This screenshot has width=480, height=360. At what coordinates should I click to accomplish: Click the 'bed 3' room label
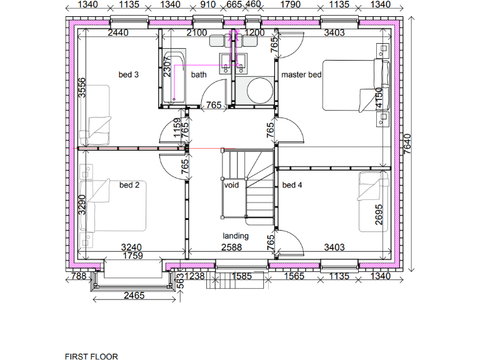coord(128,75)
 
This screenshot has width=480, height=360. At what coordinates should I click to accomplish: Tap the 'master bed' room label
coord(301,75)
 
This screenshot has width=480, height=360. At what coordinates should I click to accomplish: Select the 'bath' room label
coord(199,75)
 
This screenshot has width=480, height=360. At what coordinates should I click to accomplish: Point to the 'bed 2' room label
coord(129,185)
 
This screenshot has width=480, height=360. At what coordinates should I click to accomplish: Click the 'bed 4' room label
coord(292,185)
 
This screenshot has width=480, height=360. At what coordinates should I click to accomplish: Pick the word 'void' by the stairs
coord(232,185)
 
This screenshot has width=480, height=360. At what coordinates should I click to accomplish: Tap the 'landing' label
coord(236,236)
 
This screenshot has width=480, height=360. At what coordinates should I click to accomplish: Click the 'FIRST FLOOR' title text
coord(91,356)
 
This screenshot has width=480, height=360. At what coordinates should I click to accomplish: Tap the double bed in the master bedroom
coord(350,86)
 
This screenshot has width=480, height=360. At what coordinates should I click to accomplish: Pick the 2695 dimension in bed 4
coord(379,214)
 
